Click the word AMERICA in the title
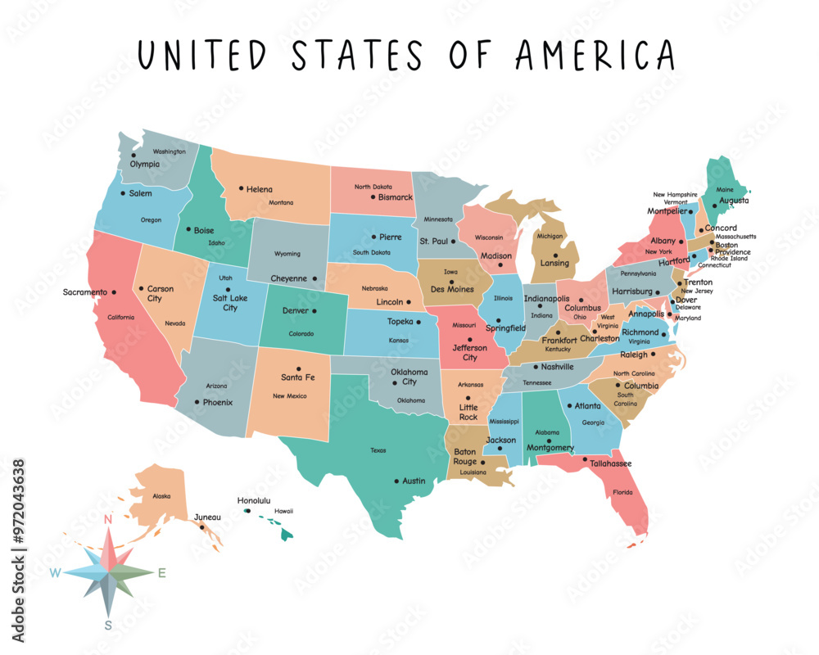tap(595, 55)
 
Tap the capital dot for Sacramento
tap(114, 292)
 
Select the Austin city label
tap(414, 481)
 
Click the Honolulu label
tap(254, 500)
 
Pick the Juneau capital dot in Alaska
tap(201, 526)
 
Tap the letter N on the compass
tap(107, 519)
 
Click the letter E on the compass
tap(161, 573)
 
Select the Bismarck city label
tap(396, 197)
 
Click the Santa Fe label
tap(297, 377)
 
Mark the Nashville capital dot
tap(535, 367)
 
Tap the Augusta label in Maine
tap(734, 200)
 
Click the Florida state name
tap(622, 493)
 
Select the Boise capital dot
tap(188, 230)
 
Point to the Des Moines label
tap(451, 288)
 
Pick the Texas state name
tap(378, 450)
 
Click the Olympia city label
tap(145, 164)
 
